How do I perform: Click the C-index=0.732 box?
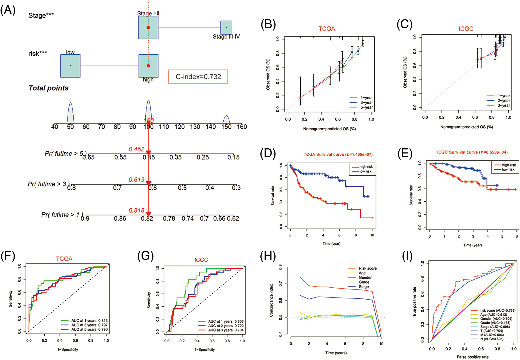click(198, 77)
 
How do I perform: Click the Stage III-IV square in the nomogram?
click(226, 28)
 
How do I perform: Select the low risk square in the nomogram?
click(70, 66)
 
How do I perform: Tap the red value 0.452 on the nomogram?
click(136, 149)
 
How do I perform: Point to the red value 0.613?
click(136, 180)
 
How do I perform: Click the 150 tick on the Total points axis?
click(226, 127)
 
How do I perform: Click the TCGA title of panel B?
click(327, 29)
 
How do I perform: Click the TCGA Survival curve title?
click(338, 154)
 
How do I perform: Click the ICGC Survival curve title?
click(472, 152)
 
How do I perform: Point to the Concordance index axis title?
click(271, 300)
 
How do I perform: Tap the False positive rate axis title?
click(472, 357)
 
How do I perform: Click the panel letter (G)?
click(145, 256)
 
